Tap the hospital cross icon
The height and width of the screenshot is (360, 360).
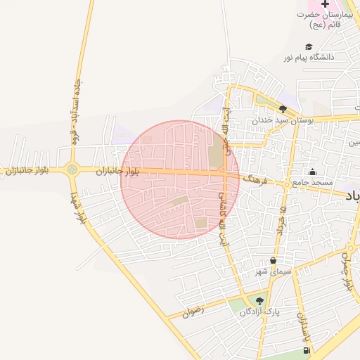click(324, 4)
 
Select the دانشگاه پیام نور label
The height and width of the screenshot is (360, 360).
click(309, 56)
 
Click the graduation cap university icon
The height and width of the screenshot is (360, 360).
click(309, 46)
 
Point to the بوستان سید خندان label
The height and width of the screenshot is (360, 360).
click(282, 120)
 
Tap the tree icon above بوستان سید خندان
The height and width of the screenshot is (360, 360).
click(283, 109)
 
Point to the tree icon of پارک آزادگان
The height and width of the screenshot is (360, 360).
click(260, 301)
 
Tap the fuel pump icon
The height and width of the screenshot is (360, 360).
click(305, 350)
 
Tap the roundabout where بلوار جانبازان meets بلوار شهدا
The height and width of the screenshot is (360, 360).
click(72, 169)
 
